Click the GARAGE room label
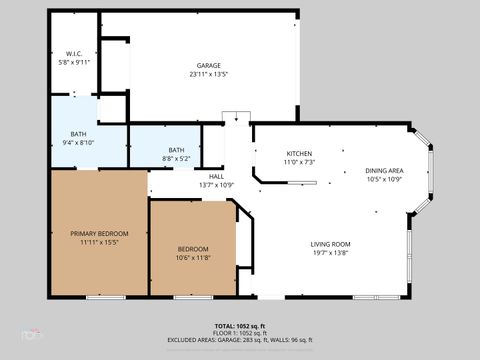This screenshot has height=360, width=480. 208,66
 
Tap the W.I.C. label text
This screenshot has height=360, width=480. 74,53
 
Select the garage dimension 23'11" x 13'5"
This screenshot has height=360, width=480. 208,75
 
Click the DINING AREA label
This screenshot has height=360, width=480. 383,171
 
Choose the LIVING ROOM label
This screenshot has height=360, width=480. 329,244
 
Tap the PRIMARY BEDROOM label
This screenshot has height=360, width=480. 99,233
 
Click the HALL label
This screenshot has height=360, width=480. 216,176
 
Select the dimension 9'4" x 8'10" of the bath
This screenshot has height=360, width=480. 78,143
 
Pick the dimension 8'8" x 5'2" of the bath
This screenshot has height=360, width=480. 176,158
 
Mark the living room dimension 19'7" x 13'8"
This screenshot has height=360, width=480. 329,253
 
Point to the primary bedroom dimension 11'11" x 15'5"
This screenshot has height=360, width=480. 99,242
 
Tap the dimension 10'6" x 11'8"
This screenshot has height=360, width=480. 193,258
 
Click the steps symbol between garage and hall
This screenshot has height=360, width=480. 236,117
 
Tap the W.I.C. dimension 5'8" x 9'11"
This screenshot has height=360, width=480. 74,62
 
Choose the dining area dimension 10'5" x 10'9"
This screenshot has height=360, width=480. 383,180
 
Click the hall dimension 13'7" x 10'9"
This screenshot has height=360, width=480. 216,185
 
